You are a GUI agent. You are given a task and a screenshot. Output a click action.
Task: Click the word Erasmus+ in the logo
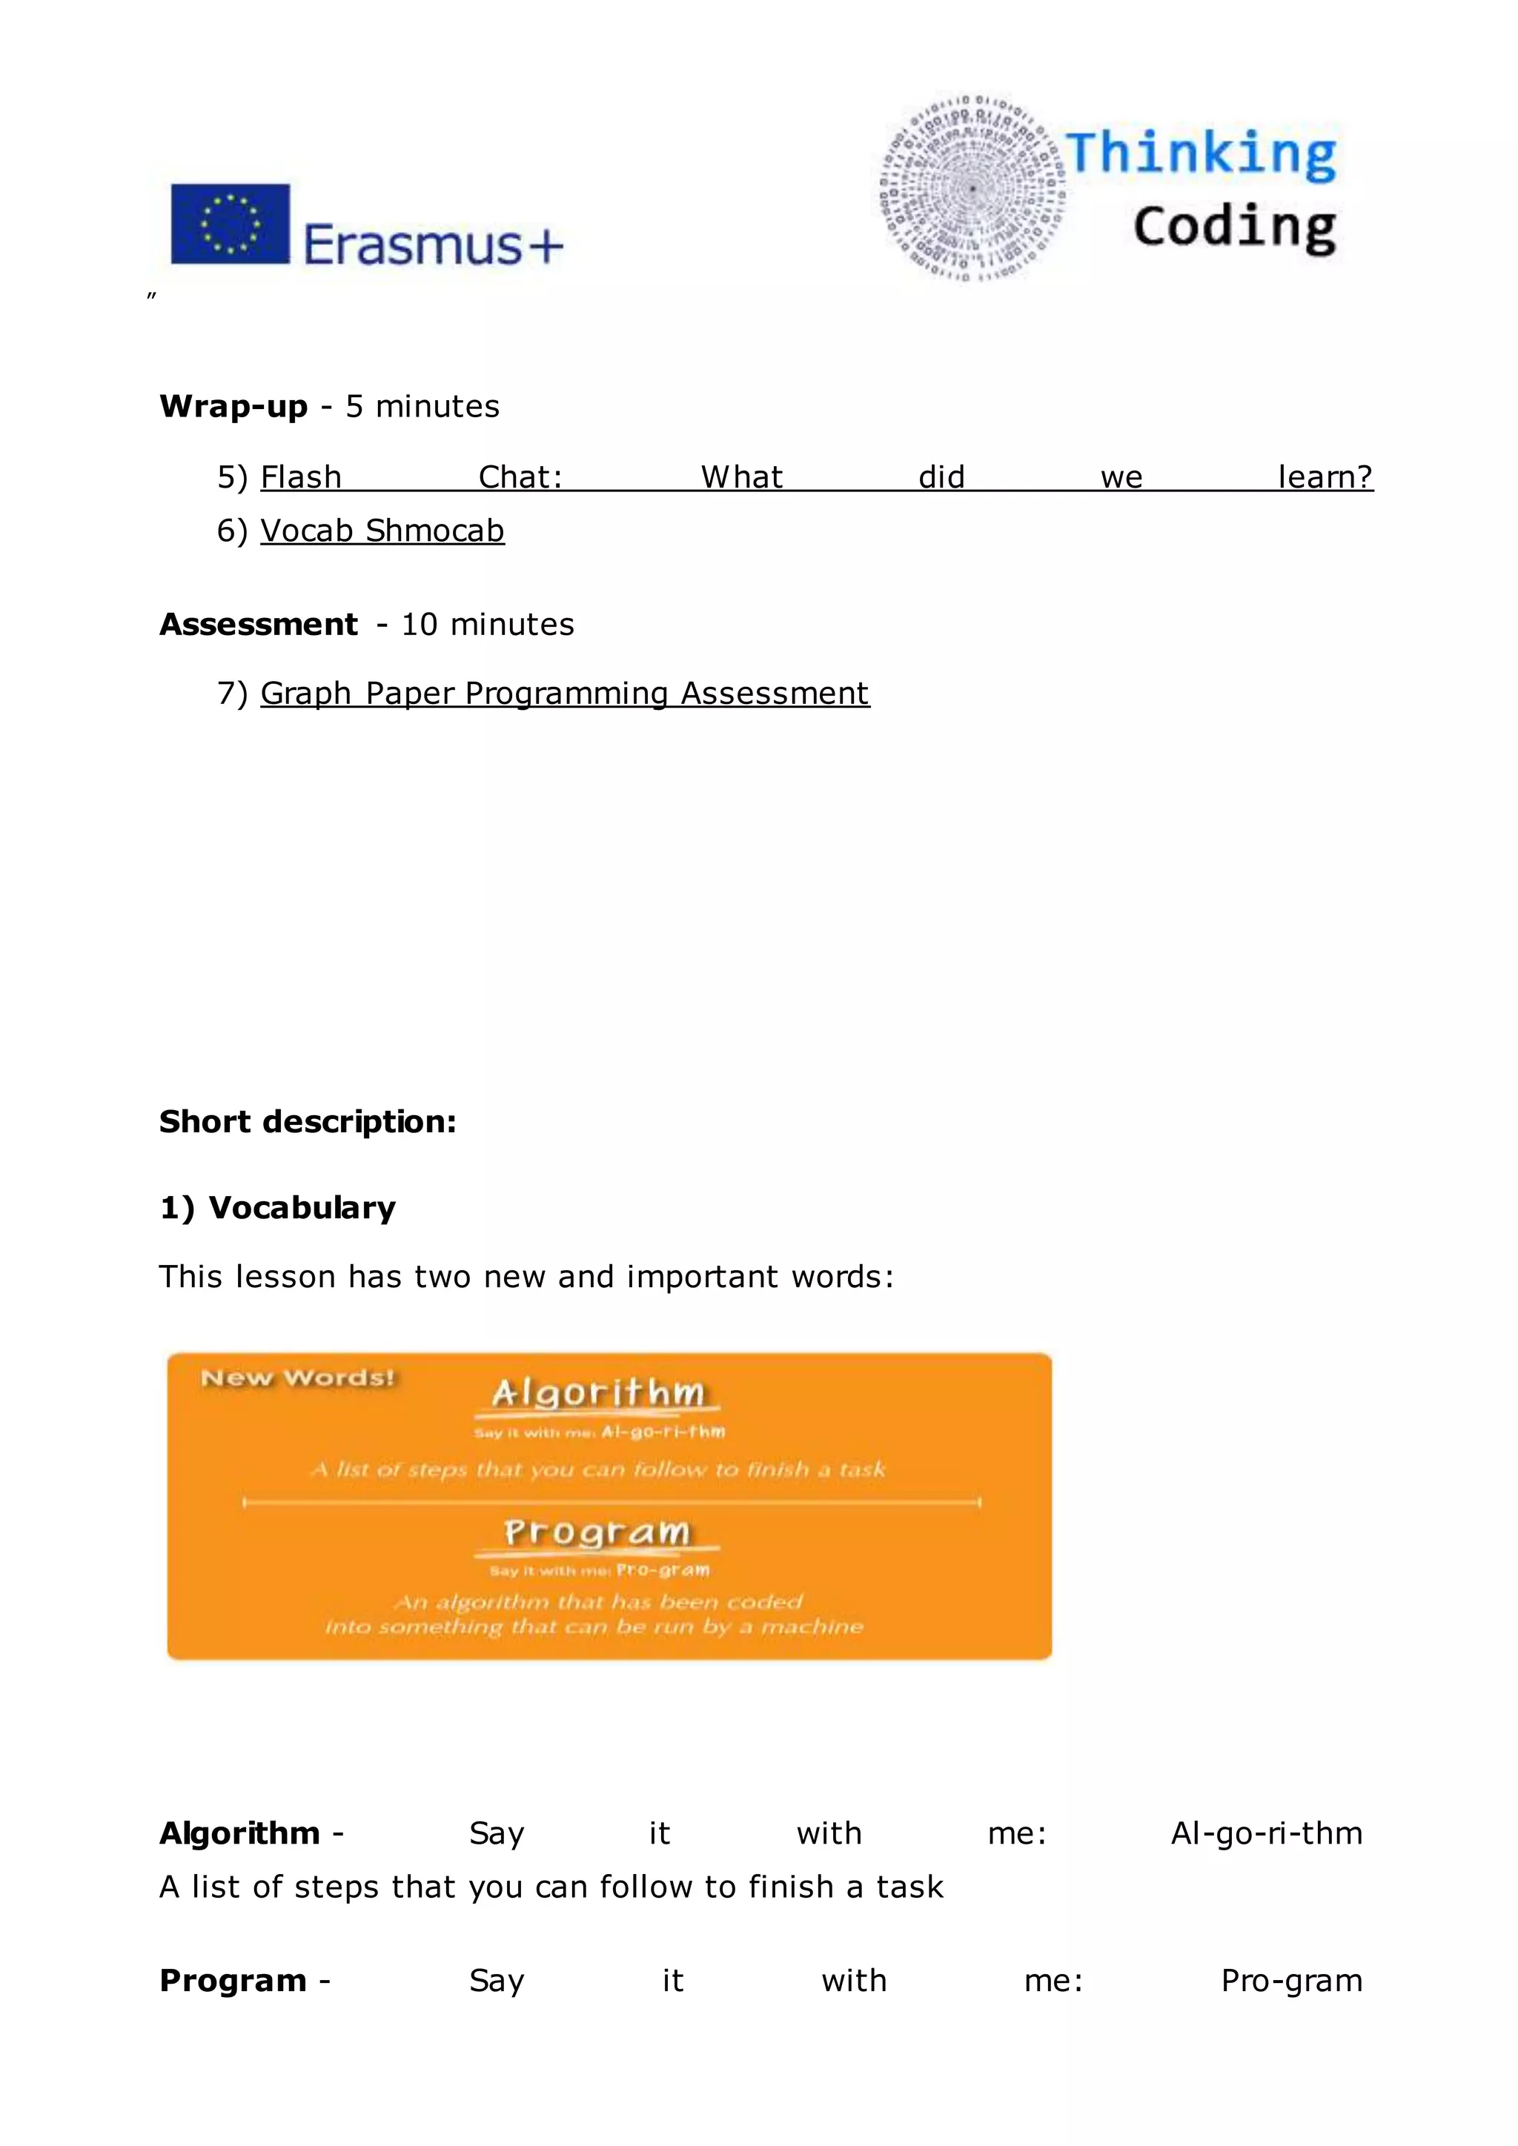pos(433,245)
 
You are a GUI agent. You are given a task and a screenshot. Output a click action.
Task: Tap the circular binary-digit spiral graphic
pos(972,188)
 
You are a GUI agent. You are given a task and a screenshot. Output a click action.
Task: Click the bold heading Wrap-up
pos(233,407)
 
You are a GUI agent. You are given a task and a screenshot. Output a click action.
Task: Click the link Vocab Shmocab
pos(382,531)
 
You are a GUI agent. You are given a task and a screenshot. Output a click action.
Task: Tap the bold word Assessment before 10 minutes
pos(258,625)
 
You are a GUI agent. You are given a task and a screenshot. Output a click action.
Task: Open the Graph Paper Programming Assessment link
pos(565,694)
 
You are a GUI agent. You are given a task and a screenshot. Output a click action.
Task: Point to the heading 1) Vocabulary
pos(278,1208)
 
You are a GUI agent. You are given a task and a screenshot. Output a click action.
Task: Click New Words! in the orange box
pos(298,1378)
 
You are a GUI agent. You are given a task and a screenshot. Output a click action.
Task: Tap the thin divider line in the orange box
pos(611,1502)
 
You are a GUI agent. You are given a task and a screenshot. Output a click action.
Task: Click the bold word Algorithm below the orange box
pos(239,1834)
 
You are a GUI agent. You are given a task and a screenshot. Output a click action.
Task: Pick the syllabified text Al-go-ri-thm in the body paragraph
pos(1267,1834)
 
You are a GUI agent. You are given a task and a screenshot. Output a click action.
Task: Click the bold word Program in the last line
pos(233,1981)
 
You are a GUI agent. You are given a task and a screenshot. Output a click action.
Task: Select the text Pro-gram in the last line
pos(1291,1981)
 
